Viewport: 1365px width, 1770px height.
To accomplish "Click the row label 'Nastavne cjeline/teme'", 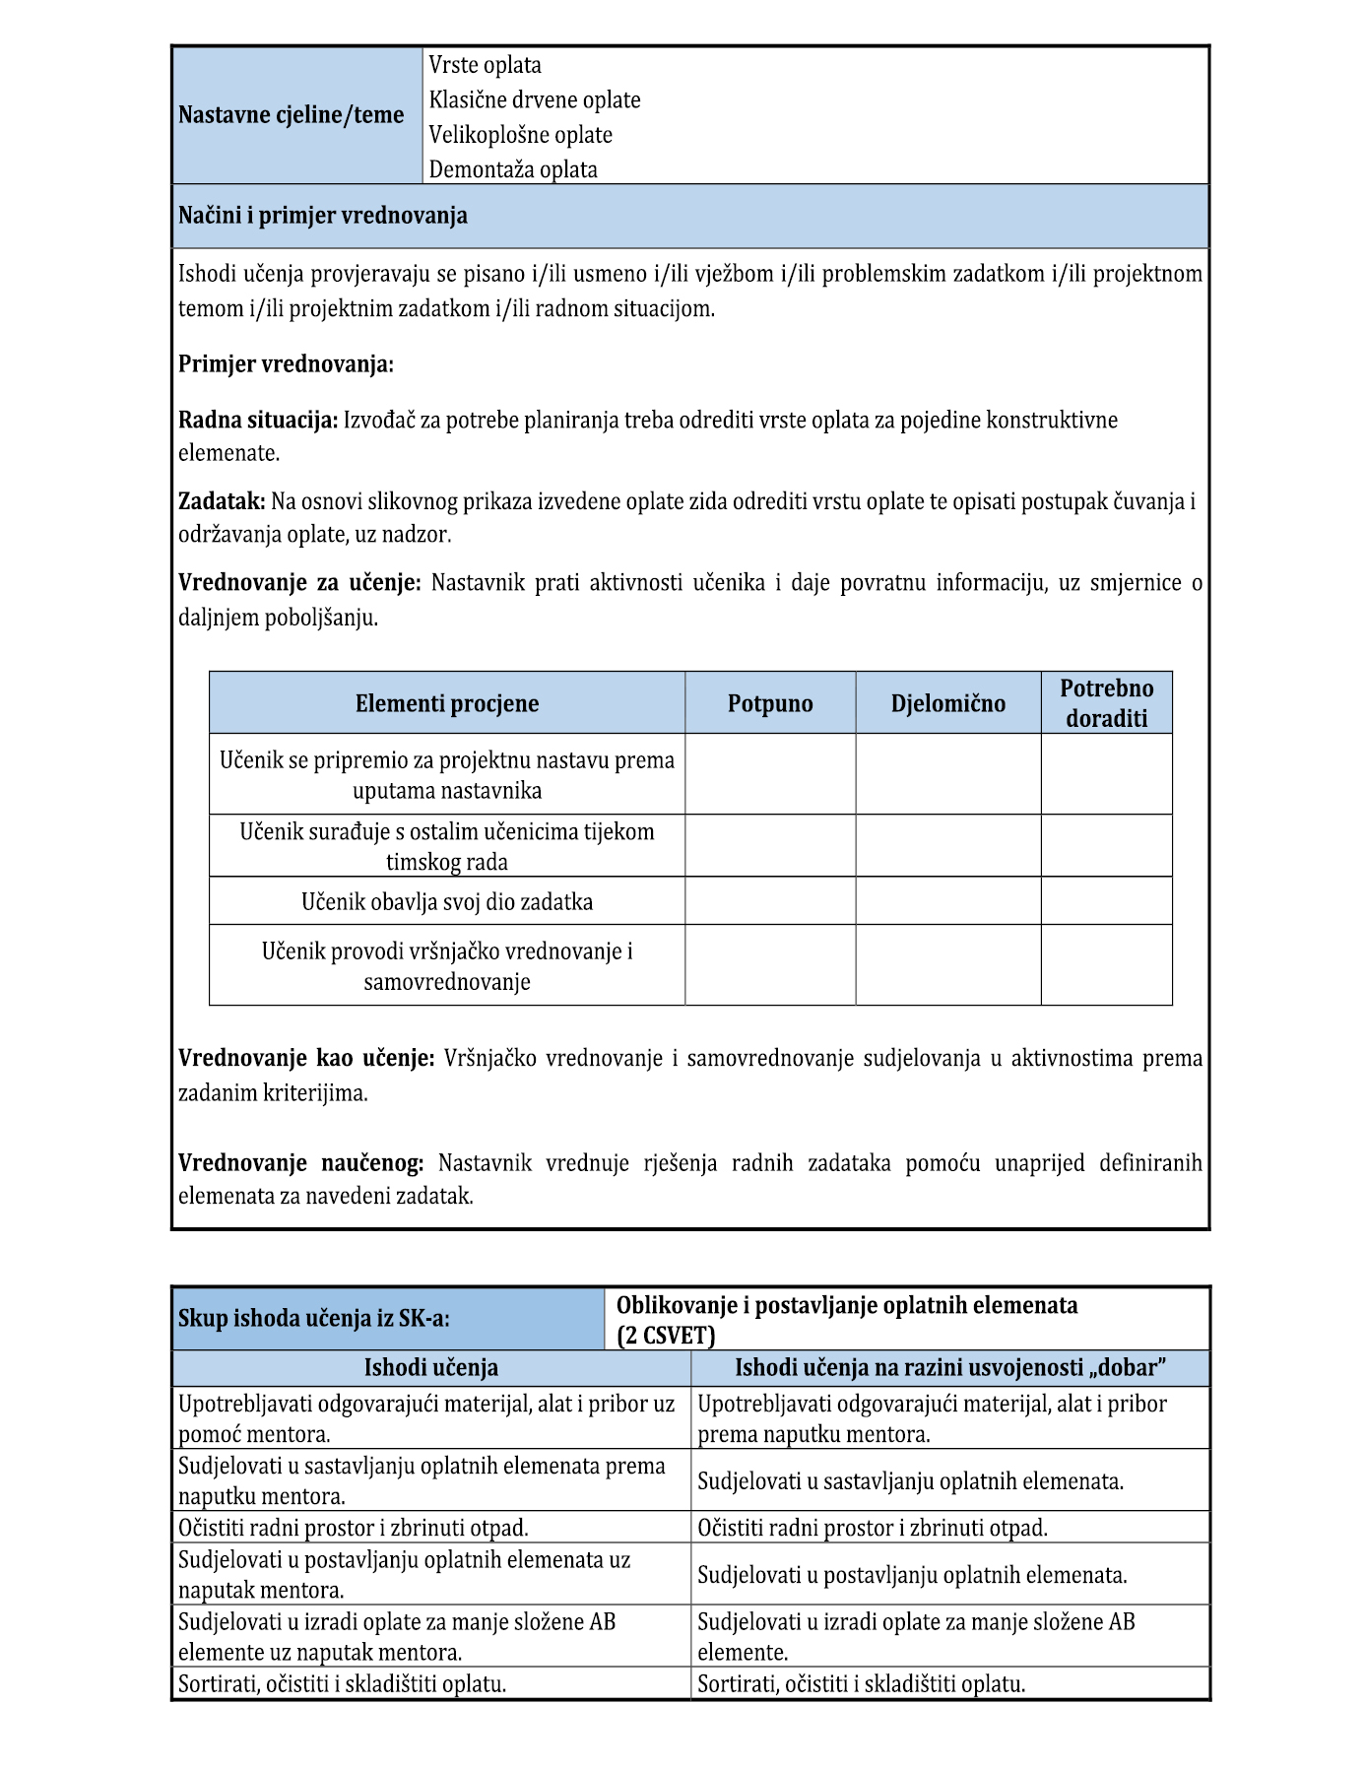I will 292,115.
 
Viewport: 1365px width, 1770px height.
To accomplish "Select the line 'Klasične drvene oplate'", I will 535,100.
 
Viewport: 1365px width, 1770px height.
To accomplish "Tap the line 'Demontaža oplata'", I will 513,169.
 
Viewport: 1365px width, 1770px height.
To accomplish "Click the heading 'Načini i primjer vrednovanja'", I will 323,216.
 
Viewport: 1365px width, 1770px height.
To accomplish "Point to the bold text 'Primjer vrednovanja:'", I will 286,364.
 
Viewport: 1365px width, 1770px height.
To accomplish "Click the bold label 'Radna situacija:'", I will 258,421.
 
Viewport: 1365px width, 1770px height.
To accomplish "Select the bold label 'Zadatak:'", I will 222,501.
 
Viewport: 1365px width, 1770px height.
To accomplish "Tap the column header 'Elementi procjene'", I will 447,703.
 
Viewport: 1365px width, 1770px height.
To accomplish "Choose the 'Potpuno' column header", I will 770,703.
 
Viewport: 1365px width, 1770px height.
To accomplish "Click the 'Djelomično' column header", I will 948,703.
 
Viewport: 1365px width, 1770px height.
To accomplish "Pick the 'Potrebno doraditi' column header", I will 1107,703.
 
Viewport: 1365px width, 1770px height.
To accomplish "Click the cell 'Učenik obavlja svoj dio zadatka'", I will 447,902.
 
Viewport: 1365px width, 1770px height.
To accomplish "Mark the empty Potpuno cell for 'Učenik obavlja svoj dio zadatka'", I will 770,901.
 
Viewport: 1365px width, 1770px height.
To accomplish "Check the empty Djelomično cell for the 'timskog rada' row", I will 948,846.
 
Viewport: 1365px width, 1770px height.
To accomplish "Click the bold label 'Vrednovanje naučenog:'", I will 301,1163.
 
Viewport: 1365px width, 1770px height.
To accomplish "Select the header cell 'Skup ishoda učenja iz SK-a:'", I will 314,1318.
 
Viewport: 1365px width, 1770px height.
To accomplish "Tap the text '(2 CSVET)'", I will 666,1336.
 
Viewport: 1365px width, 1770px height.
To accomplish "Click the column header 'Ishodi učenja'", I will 431,1367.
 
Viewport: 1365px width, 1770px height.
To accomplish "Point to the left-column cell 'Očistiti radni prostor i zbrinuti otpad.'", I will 354,1528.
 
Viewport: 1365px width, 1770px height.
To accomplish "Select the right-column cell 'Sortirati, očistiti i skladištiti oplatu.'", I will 862,1684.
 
